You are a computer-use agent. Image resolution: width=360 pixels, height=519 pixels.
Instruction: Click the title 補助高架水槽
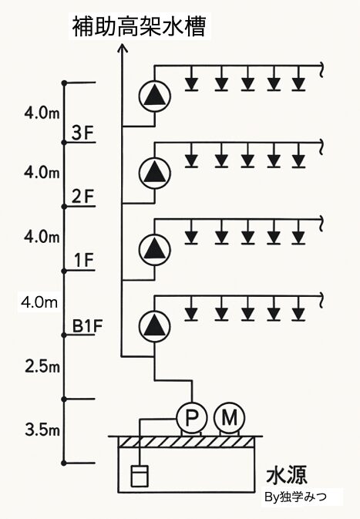coord(140,26)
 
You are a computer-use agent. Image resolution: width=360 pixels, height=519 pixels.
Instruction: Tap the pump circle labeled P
coord(192,418)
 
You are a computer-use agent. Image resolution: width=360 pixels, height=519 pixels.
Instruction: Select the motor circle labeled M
coord(229,418)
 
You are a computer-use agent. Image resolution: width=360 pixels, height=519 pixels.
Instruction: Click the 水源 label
coord(287,475)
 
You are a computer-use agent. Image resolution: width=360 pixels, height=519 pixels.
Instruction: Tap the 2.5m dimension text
coord(42,367)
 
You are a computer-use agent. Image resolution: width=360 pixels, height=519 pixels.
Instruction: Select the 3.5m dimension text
coord(42,430)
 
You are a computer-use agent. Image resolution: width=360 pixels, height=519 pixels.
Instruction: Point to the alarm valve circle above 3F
coord(154,96)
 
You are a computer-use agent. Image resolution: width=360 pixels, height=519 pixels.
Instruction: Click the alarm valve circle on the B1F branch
coord(154,325)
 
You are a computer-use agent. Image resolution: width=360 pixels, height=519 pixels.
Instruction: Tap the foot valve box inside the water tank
coord(140,476)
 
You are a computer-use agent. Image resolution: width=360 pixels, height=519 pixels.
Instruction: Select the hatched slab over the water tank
coord(187,442)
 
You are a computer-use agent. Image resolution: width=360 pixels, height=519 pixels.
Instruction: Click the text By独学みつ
coord(295,497)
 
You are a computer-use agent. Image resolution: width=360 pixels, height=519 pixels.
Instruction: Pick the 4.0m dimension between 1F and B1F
coord(39,302)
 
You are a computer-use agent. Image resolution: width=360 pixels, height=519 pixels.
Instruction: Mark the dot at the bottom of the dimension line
coord(64,463)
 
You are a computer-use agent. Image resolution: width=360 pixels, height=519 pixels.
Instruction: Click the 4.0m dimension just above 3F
coord(42,113)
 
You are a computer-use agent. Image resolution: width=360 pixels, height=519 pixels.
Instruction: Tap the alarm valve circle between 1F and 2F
coord(154,249)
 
